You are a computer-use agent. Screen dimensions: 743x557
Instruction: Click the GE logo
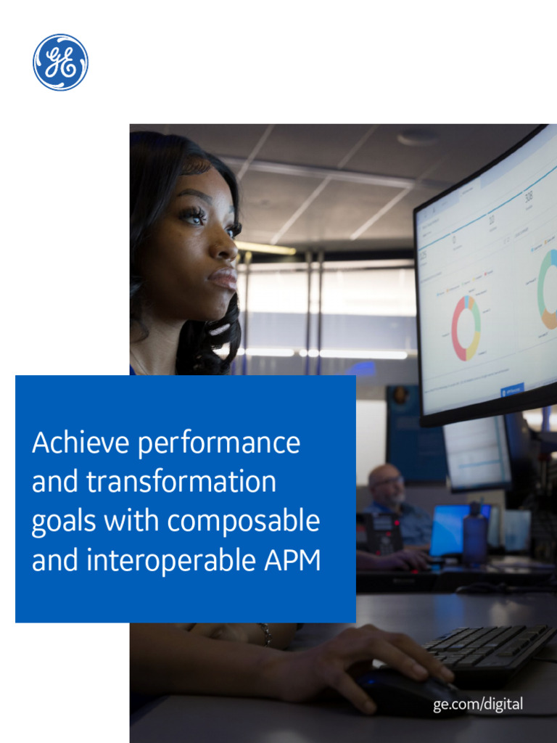(x=60, y=62)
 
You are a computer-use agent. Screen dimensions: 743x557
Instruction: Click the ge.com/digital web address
(x=478, y=705)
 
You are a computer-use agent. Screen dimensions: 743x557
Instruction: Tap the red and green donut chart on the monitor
(x=466, y=328)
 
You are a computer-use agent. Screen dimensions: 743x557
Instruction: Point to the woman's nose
(x=224, y=247)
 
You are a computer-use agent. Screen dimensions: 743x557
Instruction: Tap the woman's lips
(x=223, y=278)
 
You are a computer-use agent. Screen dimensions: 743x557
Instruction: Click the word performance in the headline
(x=219, y=443)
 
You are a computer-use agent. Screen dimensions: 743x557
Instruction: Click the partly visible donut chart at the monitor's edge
(x=548, y=290)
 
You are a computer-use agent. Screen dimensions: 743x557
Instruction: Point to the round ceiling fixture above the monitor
(x=418, y=136)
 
